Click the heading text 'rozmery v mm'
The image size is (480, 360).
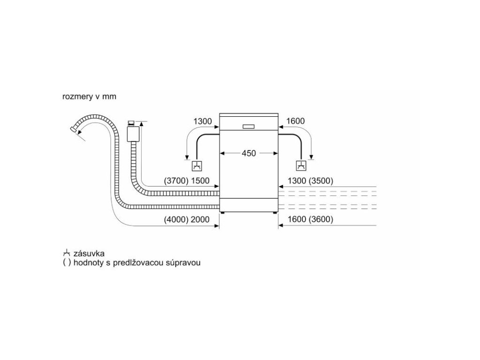(89, 97)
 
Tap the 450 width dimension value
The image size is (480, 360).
(249, 153)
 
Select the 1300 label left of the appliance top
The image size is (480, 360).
(202, 121)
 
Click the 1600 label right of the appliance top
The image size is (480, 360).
(295, 121)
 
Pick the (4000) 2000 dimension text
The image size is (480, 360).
(186, 219)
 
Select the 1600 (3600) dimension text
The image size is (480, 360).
(310, 219)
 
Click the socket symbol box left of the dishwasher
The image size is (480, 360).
(197, 165)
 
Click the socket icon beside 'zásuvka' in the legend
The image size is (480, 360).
(66, 254)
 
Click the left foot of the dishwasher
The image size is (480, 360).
(222, 214)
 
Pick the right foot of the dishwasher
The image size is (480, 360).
(275, 214)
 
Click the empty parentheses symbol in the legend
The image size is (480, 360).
(66, 263)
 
